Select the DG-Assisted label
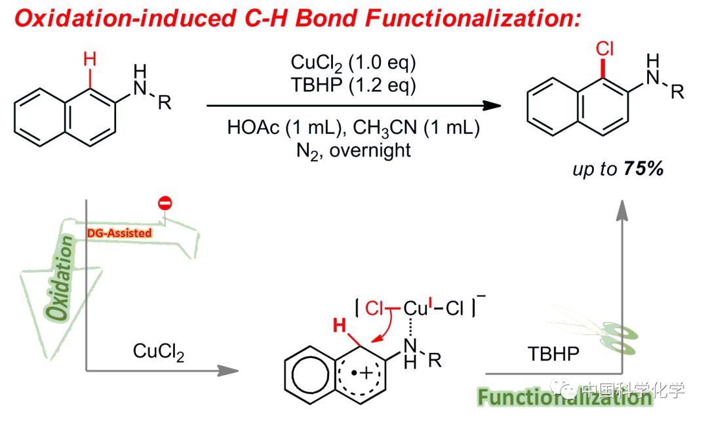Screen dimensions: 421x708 119,232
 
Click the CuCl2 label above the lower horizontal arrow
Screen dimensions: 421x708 159,351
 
